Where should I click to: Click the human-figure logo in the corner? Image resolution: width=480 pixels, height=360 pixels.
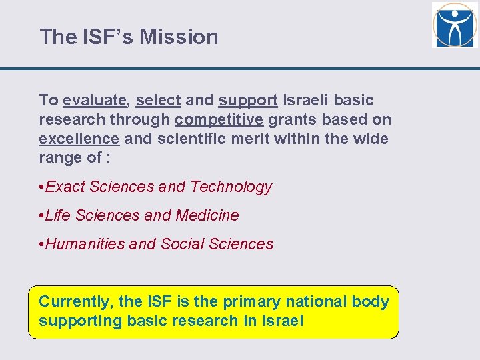coord(454,25)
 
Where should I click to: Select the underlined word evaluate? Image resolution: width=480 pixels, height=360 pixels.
coord(95,101)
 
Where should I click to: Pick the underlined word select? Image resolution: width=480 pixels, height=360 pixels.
coord(158,101)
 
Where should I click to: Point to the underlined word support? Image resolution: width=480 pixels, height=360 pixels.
coord(248,101)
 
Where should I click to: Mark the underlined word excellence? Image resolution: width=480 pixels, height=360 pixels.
coord(79,139)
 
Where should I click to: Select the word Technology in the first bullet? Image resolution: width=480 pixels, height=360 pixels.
coord(231,187)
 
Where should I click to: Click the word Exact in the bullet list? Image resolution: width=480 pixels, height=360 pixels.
coord(65,187)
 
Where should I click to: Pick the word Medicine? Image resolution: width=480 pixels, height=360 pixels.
coord(207,216)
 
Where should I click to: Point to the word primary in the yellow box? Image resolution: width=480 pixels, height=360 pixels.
coord(253,302)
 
